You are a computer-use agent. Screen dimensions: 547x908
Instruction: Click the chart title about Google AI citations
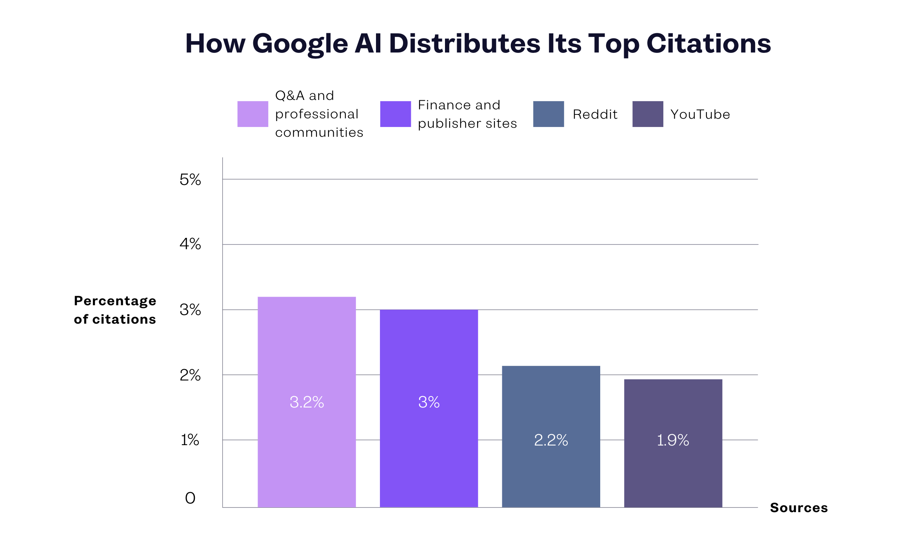(478, 43)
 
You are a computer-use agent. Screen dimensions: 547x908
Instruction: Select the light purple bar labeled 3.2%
(307, 402)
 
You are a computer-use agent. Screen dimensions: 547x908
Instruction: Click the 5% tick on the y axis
(190, 180)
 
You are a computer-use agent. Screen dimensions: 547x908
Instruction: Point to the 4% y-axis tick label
(190, 244)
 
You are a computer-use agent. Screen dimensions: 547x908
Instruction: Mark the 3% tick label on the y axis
(190, 310)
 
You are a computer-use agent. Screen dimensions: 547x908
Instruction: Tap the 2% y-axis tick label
(190, 375)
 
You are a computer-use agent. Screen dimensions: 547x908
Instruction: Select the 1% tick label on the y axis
(190, 440)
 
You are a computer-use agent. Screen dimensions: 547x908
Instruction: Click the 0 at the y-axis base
(190, 498)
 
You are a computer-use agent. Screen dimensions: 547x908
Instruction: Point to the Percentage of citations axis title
(115, 310)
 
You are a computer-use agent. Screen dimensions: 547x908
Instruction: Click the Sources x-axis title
(799, 508)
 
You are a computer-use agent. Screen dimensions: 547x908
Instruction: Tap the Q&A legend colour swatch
(252, 114)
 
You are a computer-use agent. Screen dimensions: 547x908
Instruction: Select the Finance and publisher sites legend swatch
(395, 114)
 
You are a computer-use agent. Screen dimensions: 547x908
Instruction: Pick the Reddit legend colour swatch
(548, 114)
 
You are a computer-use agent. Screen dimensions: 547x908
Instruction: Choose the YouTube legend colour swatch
(648, 114)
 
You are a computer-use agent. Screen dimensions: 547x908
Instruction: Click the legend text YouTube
(700, 114)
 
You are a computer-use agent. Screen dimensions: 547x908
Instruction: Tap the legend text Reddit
(595, 114)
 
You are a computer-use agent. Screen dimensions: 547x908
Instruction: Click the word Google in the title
(300, 44)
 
